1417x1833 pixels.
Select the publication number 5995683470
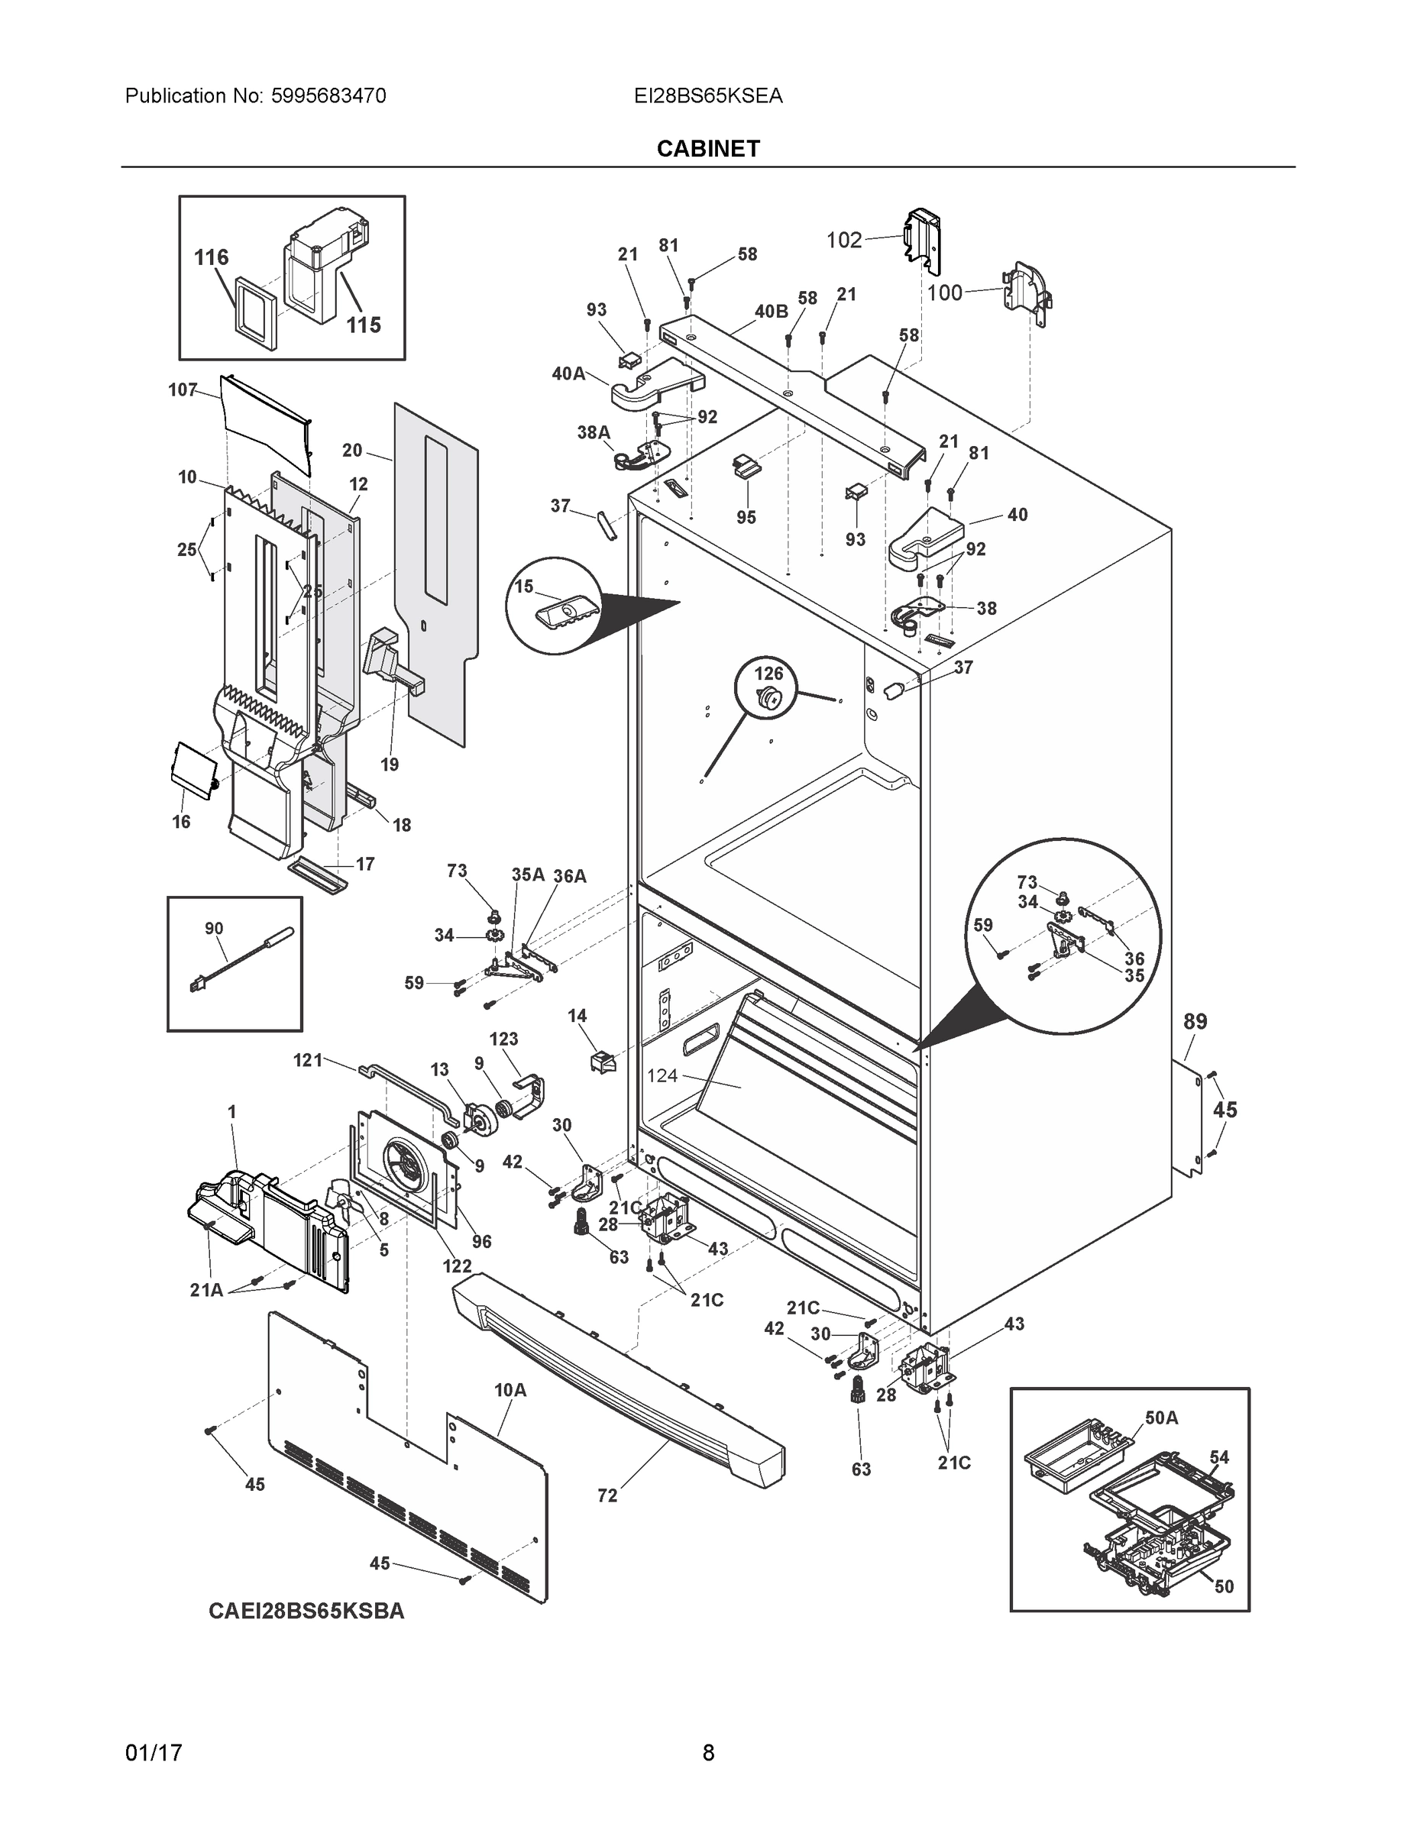point(328,96)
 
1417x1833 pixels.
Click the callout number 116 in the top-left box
point(211,257)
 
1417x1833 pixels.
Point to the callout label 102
point(843,241)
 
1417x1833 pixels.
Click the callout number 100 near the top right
point(944,293)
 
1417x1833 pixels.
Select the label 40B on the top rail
point(771,312)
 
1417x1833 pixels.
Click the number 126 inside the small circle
point(768,673)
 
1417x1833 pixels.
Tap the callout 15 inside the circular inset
point(524,587)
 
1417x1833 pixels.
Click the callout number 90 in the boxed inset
point(214,928)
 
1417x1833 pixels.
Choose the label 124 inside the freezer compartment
point(662,1075)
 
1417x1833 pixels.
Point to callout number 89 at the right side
point(1195,1021)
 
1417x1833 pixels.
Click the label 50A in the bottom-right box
point(1161,1418)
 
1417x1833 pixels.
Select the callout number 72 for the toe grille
point(607,1495)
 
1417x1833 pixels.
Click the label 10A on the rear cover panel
point(510,1390)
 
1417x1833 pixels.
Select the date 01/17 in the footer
point(154,1754)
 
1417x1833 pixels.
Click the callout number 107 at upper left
point(182,390)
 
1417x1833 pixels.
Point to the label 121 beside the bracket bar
point(307,1060)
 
